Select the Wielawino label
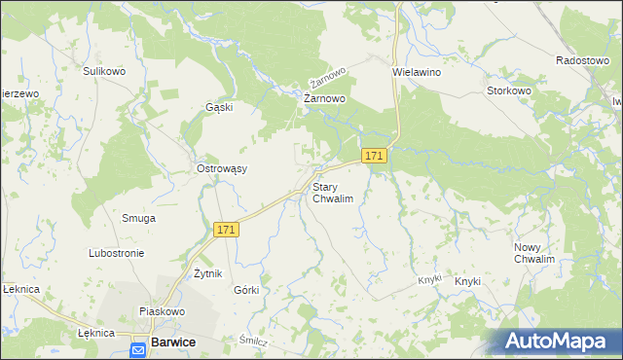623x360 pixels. tap(417, 72)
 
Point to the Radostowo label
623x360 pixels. tap(582, 60)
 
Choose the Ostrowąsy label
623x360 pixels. tap(222, 168)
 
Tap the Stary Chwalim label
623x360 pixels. tap(331, 192)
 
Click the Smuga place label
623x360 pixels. tap(138, 218)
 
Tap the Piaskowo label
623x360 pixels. tap(162, 311)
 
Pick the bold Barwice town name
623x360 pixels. tap(174, 342)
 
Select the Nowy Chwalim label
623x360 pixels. tap(533, 253)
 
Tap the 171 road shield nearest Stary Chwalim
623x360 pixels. tap(375, 156)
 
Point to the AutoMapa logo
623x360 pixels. tap(558, 341)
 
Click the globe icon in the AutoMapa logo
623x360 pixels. tap(515, 340)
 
